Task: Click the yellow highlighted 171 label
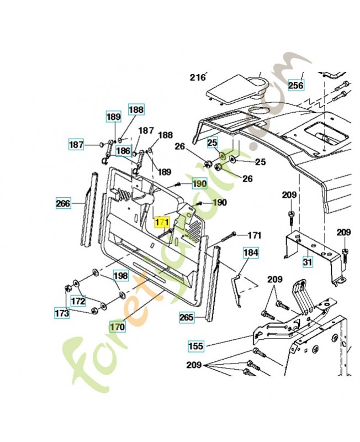click(162, 222)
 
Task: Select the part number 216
click(198, 77)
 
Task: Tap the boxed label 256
click(295, 85)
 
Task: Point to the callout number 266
click(63, 203)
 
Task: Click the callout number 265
click(187, 317)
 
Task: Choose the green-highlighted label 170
click(117, 327)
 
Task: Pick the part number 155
click(195, 346)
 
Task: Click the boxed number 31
click(307, 260)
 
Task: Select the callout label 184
click(251, 253)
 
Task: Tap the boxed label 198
click(120, 275)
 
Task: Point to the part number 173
click(62, 313)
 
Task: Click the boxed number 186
click(123, 150)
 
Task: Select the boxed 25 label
click(213, 143)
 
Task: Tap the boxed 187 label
click(76, 145)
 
